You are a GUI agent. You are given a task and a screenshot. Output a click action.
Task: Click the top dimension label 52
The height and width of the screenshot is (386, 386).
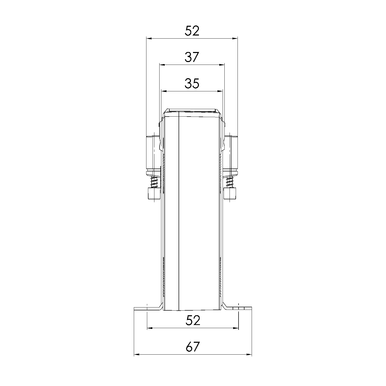192,31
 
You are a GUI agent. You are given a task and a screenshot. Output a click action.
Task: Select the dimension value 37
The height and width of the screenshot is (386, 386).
192,57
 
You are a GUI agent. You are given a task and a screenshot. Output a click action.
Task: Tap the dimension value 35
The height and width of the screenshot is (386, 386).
192,84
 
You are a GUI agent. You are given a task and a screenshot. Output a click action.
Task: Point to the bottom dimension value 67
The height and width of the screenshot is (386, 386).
193,347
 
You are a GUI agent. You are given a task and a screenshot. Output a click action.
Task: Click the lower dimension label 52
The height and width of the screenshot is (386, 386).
193,321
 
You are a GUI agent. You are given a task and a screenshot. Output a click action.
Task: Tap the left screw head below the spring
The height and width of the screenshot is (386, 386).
154,194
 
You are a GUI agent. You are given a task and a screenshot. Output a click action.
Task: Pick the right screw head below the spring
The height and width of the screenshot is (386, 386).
230,194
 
